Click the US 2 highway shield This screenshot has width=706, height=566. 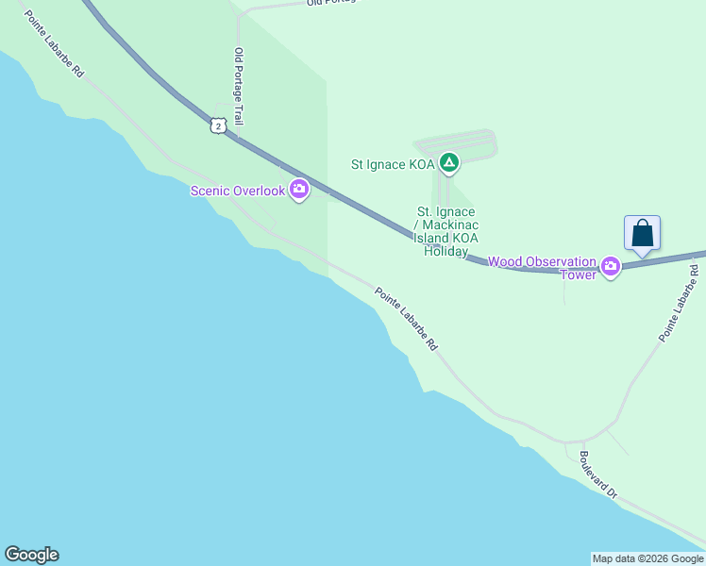pos(218,125)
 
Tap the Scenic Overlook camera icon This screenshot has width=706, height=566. pos(299,191)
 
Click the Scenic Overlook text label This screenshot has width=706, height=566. pos(237,191)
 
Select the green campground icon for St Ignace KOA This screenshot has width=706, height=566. pos(450,163)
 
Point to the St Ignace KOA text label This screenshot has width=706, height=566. pos(392,163)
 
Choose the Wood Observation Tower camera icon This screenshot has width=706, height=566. pos(611,267)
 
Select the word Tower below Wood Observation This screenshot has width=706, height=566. pos(579,275)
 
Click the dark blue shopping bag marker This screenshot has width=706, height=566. pos(642,233)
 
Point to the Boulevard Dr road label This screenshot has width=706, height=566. pos(597,474)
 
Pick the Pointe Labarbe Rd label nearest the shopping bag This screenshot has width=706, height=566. pos(680,302)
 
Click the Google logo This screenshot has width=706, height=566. pos(31,555)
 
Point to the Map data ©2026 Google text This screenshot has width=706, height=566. pos(647,558)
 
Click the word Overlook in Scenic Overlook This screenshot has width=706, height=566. pos(259,191)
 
